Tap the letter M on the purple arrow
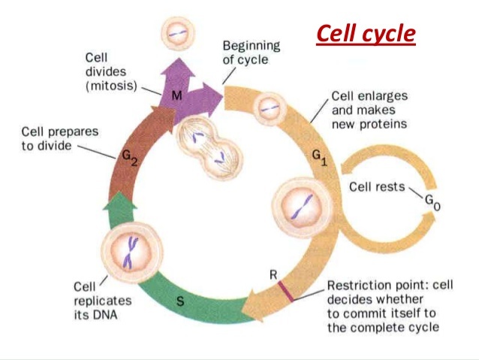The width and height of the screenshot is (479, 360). coord(177,95)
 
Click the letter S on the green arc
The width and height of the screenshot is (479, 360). coord(180,302)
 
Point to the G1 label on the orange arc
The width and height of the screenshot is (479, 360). coord(321,159)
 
